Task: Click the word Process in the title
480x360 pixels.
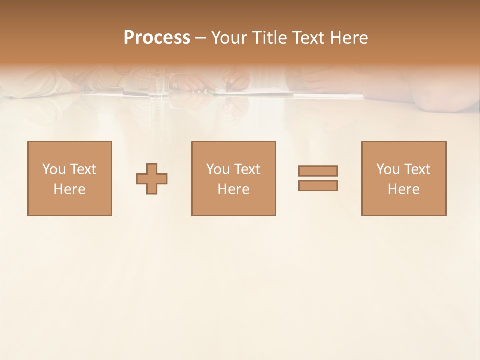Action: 157,38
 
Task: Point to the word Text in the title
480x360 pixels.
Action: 307,38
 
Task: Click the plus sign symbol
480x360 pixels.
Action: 152,178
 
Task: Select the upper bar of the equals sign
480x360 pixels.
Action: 318,171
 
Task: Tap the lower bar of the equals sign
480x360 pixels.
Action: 318,185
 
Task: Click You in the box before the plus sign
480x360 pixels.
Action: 54,169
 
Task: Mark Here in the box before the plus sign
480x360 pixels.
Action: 69,189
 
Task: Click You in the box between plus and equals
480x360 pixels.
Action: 218,169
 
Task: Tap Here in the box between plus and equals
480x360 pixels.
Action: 233,189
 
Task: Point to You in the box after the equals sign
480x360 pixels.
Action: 388,169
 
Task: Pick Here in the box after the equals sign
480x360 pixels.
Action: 403,189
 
